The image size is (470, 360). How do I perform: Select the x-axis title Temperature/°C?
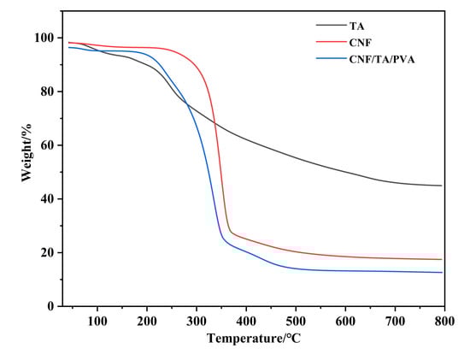pos(254,339)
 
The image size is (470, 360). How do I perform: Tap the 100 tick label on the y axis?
pos(44,38)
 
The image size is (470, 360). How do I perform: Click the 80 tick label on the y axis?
pos(48,91)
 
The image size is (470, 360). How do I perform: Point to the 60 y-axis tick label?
pos(48,145)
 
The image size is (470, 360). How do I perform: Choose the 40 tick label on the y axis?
pos(48,199)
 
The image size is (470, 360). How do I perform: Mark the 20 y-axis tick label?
pos(48,252)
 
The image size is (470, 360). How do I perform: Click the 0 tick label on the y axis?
pos(51,306)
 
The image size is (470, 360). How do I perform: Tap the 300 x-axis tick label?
pos(196,320)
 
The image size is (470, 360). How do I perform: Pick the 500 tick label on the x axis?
pos(296,320)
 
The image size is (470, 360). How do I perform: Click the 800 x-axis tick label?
pos(444,320)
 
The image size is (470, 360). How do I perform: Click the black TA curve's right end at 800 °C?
pos(441,186)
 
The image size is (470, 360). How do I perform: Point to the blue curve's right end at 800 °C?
pos(441,272)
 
